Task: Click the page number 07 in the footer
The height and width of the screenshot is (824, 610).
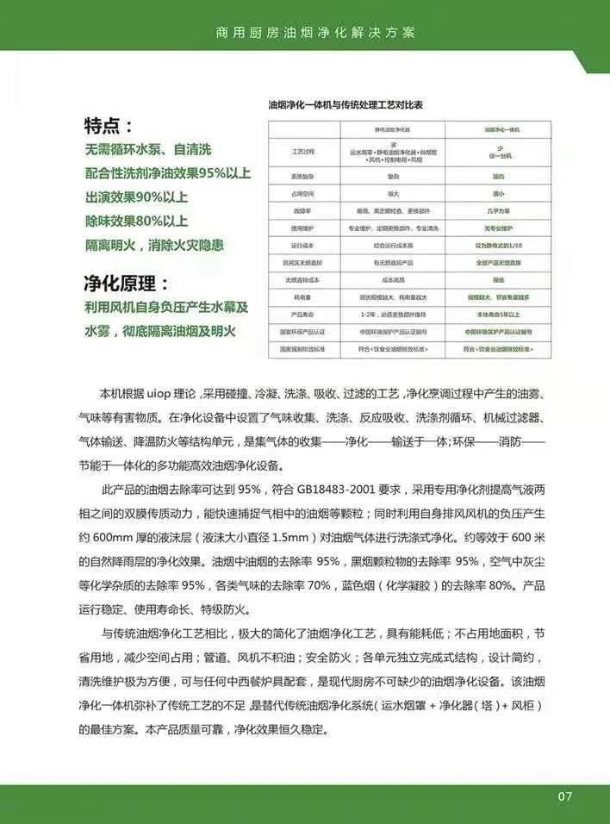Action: click(564, 796)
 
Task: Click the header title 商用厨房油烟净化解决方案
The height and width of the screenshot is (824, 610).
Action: click(315, 33)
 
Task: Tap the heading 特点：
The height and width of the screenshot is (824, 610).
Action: click(109, 126)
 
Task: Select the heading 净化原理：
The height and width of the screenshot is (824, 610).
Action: click(126, 284)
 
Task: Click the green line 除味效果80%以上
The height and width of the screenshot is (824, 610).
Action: click(136, 221)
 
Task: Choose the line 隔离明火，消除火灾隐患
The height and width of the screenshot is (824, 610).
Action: click(154, 245)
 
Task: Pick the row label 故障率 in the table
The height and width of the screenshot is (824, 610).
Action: click(302, 209)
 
